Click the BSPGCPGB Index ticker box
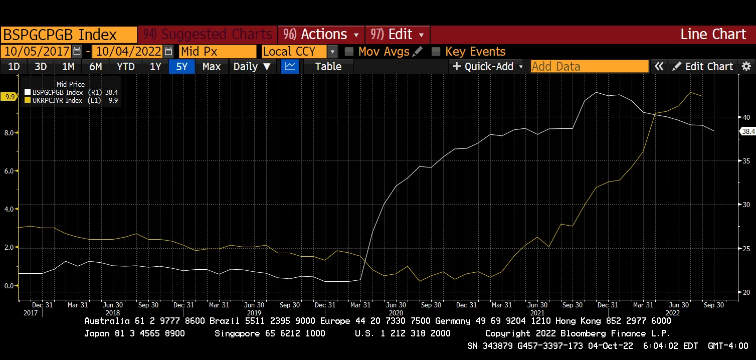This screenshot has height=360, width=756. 69,35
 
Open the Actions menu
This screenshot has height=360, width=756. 321,35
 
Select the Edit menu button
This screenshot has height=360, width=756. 397,35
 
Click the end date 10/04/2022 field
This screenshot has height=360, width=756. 128,52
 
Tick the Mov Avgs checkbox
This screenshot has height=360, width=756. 349,52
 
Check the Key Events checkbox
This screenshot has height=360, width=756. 436,52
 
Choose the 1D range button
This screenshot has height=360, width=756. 14,67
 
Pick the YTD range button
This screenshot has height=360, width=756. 125,67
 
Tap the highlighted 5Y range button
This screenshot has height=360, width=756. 182,67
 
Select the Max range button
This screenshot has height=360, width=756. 212,67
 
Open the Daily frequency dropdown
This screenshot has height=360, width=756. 252,67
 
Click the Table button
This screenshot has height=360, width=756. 328,67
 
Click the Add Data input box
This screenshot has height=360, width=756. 589,67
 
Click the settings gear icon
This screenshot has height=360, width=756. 746,67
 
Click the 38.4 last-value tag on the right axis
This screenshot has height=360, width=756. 748,131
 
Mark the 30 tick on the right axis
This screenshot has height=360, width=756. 746,205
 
